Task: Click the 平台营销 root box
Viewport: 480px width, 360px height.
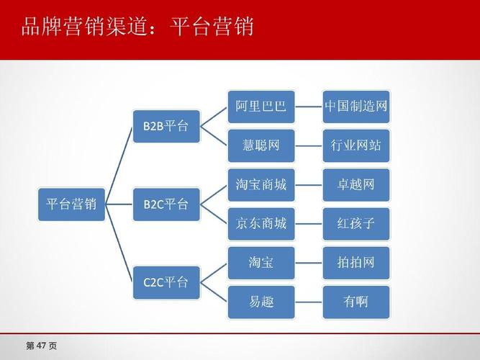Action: pos(71,204)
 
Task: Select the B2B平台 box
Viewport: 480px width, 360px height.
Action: pos(166,126)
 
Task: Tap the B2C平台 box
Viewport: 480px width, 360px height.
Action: pos(166,204)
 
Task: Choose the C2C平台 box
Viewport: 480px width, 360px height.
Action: pos(166,282)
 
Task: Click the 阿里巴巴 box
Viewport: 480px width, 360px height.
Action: pos(261,107)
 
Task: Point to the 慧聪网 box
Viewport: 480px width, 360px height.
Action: pos(261,146)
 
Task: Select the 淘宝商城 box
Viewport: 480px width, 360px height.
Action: pos(261,185)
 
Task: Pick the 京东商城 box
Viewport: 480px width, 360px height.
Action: pos(261,224)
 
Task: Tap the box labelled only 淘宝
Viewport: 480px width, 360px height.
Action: pos(261,263)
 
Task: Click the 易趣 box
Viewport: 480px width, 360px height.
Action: pos(261,302)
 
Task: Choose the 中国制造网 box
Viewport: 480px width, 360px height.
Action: pos(356,107)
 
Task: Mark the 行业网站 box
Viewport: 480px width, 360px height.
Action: pos(356,146)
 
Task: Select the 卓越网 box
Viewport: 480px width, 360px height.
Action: pos(356,185)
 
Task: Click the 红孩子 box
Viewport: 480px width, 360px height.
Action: pos(356,224)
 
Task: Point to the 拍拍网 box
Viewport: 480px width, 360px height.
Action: pos(356,263)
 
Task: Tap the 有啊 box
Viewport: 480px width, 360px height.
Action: pos(356,302)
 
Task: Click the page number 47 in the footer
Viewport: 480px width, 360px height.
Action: pos(41,346)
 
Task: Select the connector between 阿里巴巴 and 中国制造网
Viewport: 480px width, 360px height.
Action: pos(309,107)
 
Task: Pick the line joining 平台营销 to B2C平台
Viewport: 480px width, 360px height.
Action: pos(119,204)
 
